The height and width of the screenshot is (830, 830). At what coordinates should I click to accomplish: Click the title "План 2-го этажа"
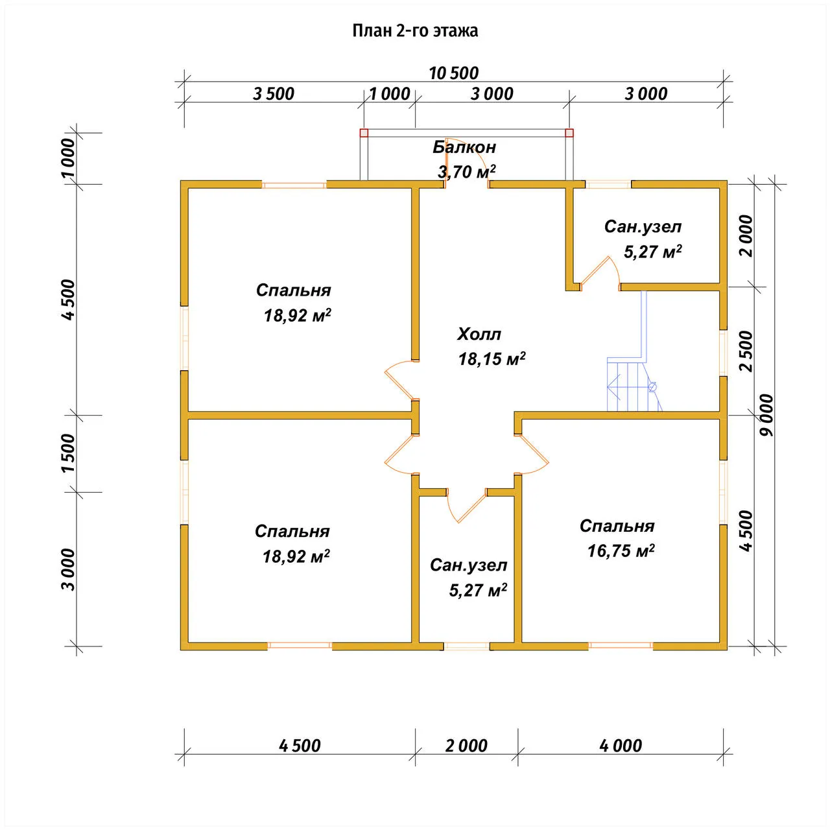(x=415, y=31)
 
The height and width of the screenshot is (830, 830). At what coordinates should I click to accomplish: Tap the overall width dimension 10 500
(x=453, y=73)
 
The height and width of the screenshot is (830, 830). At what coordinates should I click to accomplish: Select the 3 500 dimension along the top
(x=274, y=94)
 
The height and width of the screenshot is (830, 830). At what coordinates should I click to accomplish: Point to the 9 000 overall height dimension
(x=767, y=415)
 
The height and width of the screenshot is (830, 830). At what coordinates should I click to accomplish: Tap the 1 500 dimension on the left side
(x=69, y=453)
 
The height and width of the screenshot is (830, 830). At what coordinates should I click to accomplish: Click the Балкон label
(x=464, y=147)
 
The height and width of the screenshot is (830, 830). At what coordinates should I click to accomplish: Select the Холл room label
(x=479, y=334)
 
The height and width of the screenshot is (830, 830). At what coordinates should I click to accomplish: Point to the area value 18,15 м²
(x=492, y=359)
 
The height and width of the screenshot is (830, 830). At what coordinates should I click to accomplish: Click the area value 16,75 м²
(x=621, y=551)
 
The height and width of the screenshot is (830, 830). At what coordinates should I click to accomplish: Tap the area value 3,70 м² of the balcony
(x=466, y=171)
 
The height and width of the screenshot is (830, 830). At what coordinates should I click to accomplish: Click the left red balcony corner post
(x=364, y=133)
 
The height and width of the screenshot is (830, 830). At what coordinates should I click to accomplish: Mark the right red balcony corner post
(x=569, y=133)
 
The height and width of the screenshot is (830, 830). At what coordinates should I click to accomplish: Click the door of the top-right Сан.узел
(x=600, y=274)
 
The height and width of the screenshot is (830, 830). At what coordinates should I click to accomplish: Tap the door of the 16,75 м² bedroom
(x=532, y=455)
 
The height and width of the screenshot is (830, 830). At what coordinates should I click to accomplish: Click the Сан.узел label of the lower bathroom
(x=469, y=565)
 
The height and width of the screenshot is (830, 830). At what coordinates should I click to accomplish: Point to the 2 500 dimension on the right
(x=746, y=351)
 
